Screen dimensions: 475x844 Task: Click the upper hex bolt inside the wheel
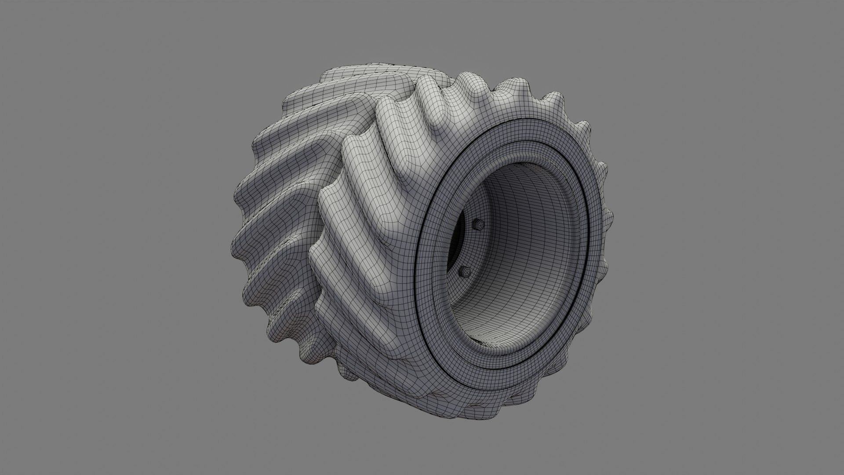(x=480, y=225)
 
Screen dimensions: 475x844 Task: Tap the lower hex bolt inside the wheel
(x=464, y=271)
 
